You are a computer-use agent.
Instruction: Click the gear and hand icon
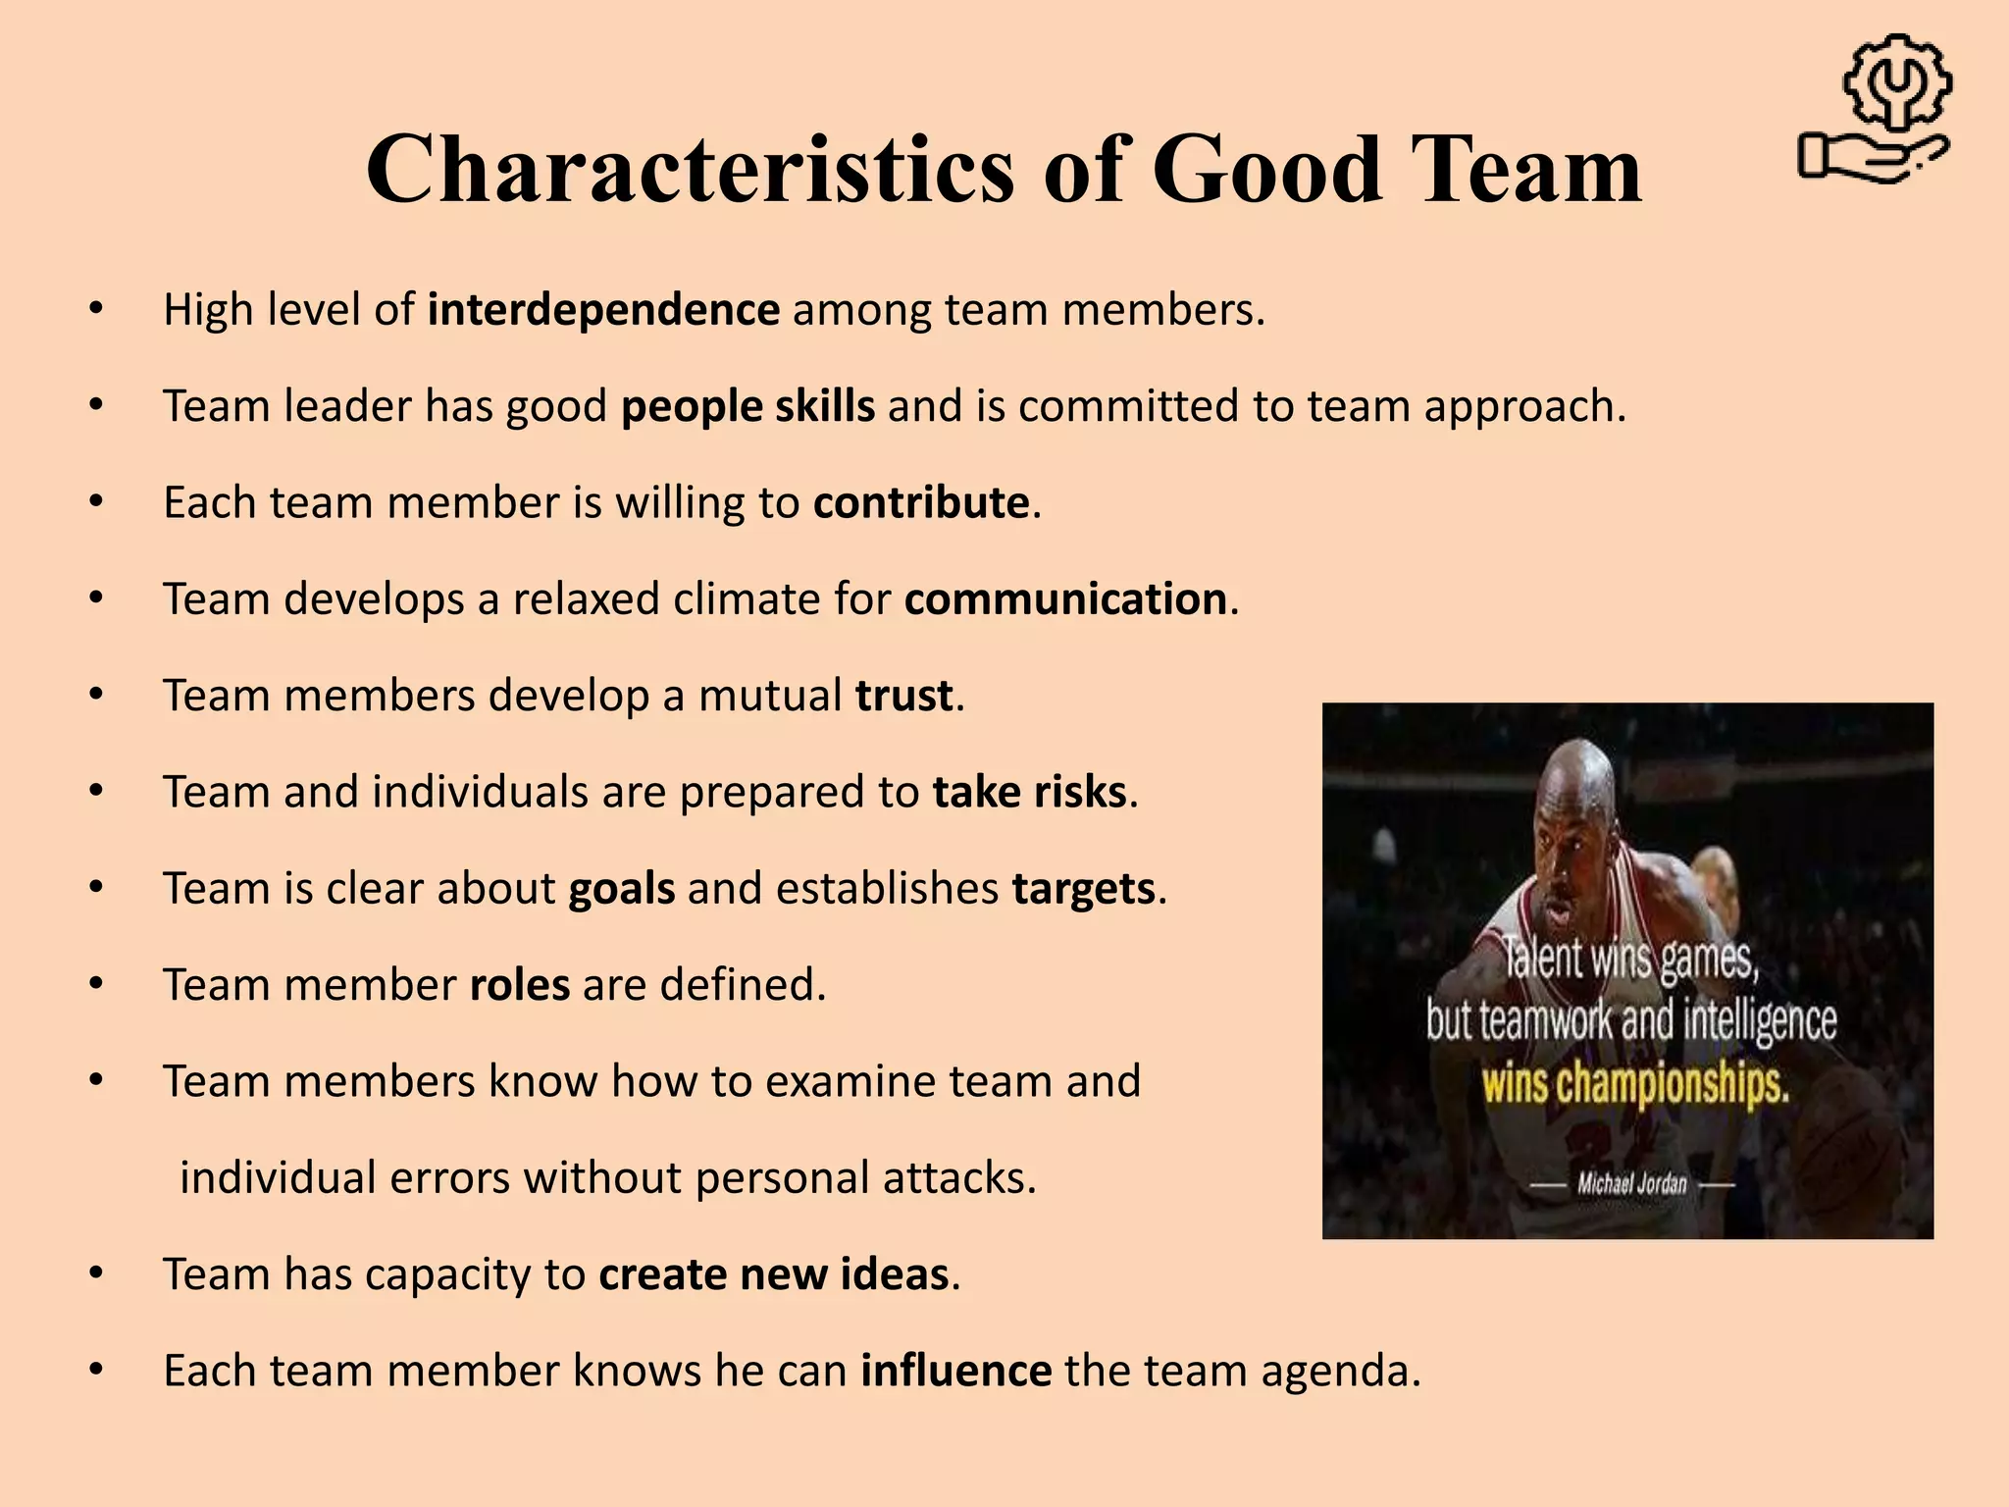(1877, 110)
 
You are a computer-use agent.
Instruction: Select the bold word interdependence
(603, 310)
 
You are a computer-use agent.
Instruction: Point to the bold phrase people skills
(747, 406)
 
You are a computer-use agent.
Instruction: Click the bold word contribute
(921, 502)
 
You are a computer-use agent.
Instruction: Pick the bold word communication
(1065, 598)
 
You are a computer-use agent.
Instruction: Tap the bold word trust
(903, 696)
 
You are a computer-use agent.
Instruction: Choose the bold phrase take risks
(1029, 792)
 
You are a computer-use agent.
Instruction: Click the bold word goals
(622, 889)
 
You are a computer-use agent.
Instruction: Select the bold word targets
(1083, 889)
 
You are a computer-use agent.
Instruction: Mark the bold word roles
(520, 985)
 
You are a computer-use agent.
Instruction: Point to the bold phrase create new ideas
(774, 1274)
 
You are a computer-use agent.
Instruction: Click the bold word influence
(956, 1371)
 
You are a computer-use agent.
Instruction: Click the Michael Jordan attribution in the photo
(1631, 1184)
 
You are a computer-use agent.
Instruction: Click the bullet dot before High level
(95, 310)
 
